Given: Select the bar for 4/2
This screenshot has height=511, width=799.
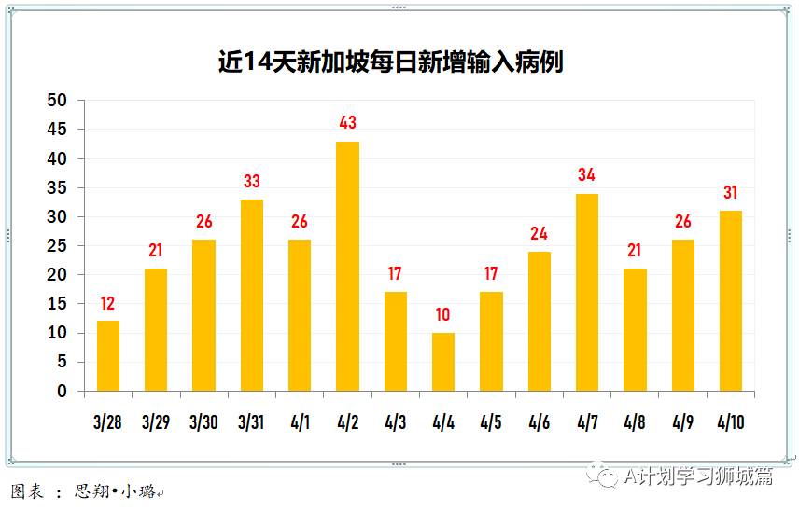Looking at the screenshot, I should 347,266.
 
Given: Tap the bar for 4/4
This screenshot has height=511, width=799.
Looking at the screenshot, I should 443,362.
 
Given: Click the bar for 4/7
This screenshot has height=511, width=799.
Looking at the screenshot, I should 587,292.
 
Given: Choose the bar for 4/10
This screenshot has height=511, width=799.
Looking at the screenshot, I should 731,300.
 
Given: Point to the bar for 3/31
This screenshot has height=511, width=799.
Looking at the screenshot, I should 252,295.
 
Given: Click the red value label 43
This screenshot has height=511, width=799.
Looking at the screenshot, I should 347,123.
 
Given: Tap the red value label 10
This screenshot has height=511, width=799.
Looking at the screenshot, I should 443,315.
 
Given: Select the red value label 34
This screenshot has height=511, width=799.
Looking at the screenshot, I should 587,175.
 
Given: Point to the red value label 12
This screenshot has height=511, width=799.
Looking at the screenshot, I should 108,303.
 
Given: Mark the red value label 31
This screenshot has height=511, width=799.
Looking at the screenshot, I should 731,193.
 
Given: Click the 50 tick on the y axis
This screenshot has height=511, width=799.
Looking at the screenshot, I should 58,101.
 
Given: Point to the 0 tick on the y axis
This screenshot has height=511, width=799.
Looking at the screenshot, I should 63,392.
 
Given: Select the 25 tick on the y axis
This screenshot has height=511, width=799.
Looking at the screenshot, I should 58,246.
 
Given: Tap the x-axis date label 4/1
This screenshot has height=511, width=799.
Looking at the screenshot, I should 300,422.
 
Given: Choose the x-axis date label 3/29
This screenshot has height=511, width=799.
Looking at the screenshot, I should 156,422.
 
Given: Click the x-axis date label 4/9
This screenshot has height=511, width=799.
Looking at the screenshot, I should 682,422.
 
